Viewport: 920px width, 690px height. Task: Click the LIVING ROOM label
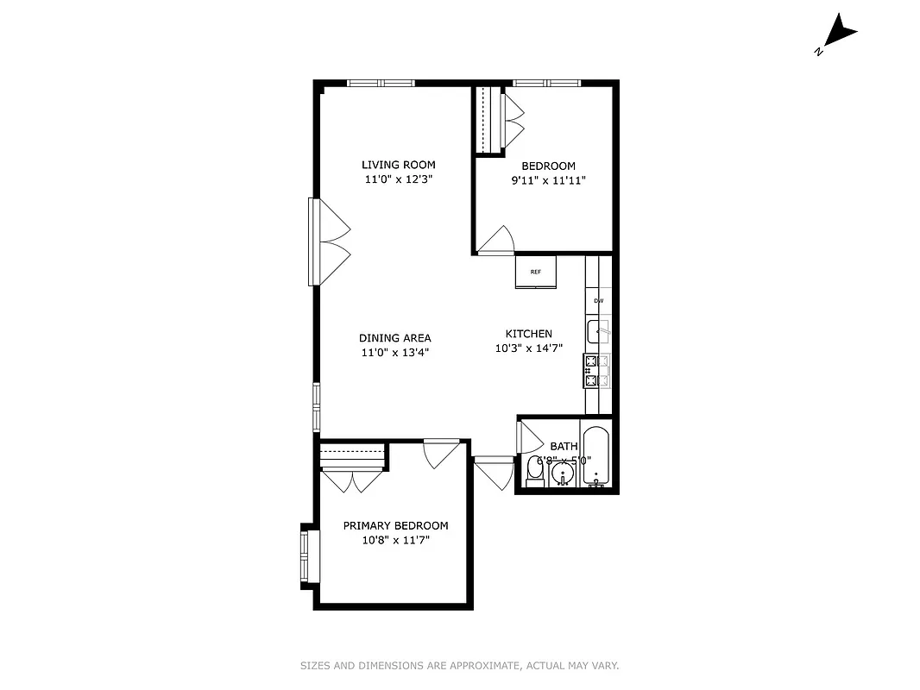coord(398,165)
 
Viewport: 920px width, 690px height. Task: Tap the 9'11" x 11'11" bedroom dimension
coord(548,181)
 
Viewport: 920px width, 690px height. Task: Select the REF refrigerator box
coord(536,273)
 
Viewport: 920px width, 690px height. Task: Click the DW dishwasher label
coord(598,301)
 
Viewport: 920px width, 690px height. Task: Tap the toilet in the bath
coord(533,471)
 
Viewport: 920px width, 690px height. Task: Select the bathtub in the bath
coord(596,457)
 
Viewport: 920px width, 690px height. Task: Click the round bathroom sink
coord(563,473)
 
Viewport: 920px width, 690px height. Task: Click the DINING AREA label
coord(394,338)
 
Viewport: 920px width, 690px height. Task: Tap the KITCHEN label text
coord(528,334)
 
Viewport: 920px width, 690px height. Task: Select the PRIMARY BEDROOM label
coord(395,525)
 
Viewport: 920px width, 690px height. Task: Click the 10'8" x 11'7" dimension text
coord(395,540)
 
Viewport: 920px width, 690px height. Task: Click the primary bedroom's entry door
coord(441,454)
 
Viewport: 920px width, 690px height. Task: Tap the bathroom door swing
coord(526,438)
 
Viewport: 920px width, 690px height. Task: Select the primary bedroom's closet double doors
coord(353,480)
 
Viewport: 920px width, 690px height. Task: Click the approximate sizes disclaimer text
coord(459,666)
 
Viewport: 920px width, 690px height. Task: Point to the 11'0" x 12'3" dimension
coord(398,180)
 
